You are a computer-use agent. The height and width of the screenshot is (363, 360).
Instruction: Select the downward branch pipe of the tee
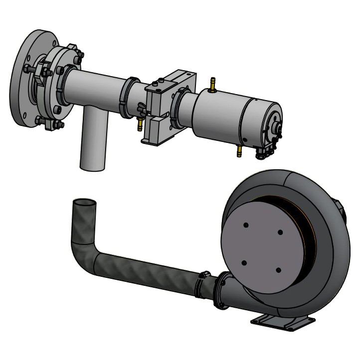pos(93,144)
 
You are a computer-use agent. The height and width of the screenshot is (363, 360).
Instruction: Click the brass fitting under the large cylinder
pos(238,150)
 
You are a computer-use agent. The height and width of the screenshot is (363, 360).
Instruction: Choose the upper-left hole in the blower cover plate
pos(246,225)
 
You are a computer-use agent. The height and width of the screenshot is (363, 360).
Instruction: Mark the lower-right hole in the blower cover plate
pos(278,270)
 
